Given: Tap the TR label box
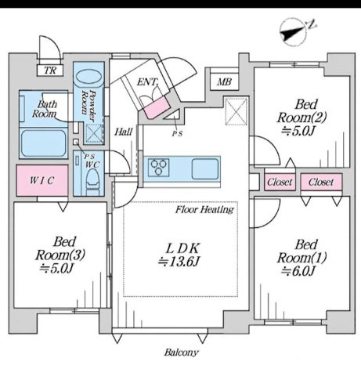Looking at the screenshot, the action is tap(50, 70).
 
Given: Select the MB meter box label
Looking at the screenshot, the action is tap(225, 82).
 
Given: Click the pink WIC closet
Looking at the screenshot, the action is tap(42, 180).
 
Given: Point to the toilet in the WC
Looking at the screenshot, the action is tap(92, 181).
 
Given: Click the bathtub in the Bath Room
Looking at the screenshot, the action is tap(43, 143).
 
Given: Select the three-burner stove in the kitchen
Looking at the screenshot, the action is tap(158, 168).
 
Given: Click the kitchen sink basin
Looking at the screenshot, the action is tap(205, 169).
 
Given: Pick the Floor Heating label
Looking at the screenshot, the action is tap(204, 209).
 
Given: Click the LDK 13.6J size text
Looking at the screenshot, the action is tap(179, 262).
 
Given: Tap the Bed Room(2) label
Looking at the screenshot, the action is tap(301, 111).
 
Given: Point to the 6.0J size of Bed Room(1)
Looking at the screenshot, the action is tap(298, 271).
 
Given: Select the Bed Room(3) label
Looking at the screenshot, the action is tap(60, 248).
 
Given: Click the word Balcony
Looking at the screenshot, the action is tap(182, 352).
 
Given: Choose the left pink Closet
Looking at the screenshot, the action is tap(280, 182).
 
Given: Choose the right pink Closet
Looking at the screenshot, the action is tap(321, 182).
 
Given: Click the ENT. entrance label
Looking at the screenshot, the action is tap(147, 82).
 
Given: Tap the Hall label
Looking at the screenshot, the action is tap(124, 132).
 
